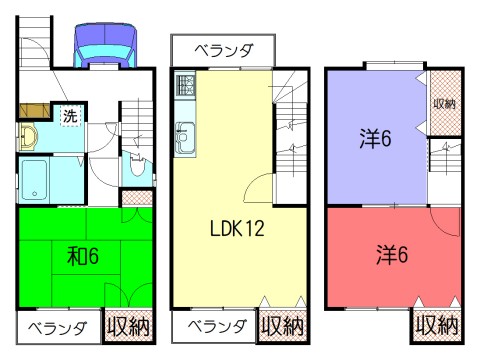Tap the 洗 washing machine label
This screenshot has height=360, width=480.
69,115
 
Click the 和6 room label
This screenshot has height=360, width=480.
81,257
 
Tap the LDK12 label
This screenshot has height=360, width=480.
236,229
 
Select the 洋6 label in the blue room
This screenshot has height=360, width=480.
374,138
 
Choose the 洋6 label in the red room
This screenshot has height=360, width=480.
392,253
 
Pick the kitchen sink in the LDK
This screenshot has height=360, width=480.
186,134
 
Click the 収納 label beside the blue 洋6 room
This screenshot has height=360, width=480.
443,103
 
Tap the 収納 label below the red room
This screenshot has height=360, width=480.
436,326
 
